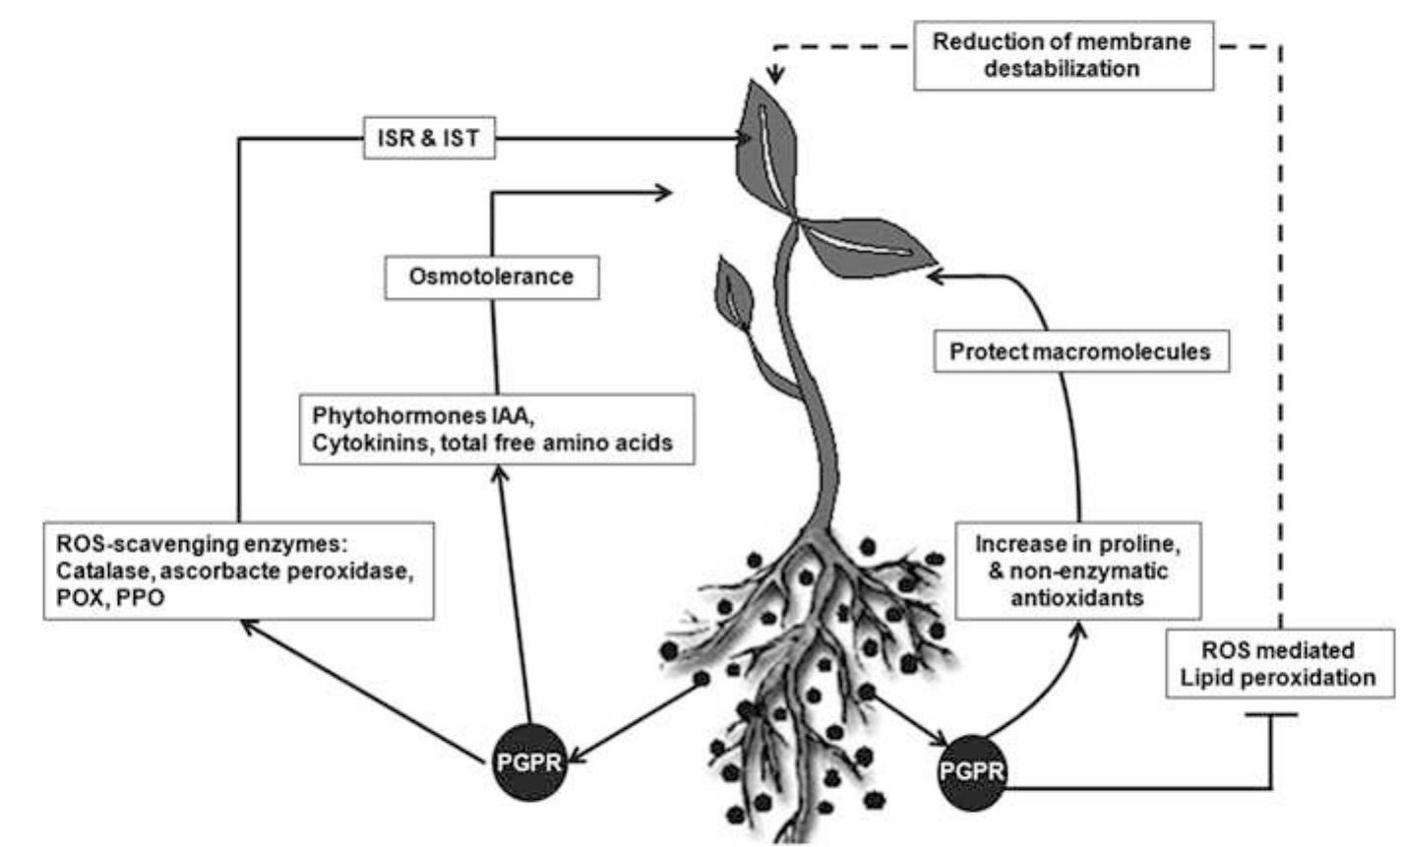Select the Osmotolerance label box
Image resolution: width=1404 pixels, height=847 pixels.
(x=491, y=276)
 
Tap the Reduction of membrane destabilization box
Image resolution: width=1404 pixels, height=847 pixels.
(x=1063, y=55)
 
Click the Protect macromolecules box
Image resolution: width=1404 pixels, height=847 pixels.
(x=1079, y=351)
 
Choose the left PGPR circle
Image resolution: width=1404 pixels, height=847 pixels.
(x=530, y=763)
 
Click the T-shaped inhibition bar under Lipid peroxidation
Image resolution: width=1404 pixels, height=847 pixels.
(x=1271, y=714)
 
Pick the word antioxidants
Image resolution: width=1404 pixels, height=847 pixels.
(x=1077, y=597)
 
